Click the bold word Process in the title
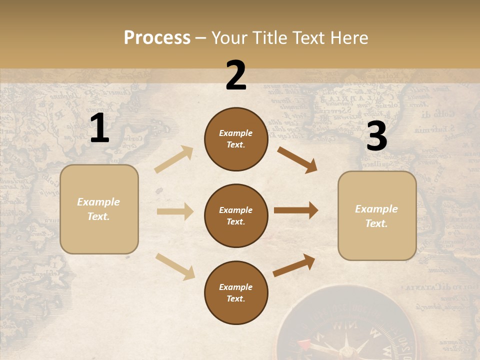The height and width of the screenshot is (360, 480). coord(157,37)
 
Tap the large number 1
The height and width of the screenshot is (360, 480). coord(99,128)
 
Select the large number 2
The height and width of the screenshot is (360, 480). coord(236,76)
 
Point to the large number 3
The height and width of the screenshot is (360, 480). coord(376,136)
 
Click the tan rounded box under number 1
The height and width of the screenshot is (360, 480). coord(99,209)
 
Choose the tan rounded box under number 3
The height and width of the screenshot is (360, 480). coord(377,215)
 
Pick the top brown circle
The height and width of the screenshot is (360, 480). coord(236,139)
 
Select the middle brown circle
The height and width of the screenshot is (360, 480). coord(236,215)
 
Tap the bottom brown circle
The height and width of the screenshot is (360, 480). coord(236,292)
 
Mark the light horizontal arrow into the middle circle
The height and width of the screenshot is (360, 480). coord(175,211)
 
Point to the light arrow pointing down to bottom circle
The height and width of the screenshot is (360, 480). coord(175,266)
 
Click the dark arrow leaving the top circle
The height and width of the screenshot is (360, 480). coord(297,159)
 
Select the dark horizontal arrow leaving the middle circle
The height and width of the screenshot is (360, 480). coord(296,210)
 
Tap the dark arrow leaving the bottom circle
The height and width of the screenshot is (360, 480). coord(294,265)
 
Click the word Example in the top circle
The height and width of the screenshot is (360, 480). coord(236,133)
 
